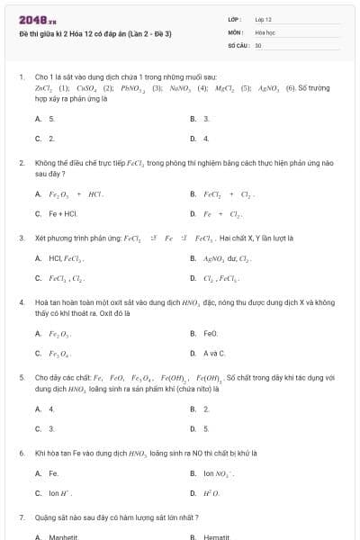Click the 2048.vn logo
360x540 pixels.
point(33,19)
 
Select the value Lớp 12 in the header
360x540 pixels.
point(264,19)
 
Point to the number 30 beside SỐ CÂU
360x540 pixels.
point(258,44)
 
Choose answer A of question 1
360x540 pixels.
point(51,119)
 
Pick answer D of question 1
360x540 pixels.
point(206,139)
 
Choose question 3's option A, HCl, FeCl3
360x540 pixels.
point(67,258)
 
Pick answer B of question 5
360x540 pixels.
point(206,409)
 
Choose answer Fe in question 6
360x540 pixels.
point(53,473)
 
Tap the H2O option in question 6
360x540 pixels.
point(211,493)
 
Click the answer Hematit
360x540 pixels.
point(217,536)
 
